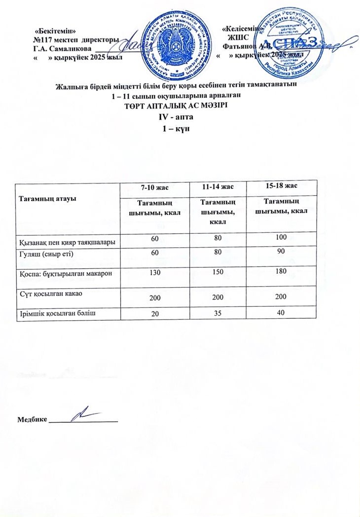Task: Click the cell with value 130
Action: pyautogui.click(x=155, y=273)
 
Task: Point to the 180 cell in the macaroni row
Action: pyautogui.click(x=281, y=272)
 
